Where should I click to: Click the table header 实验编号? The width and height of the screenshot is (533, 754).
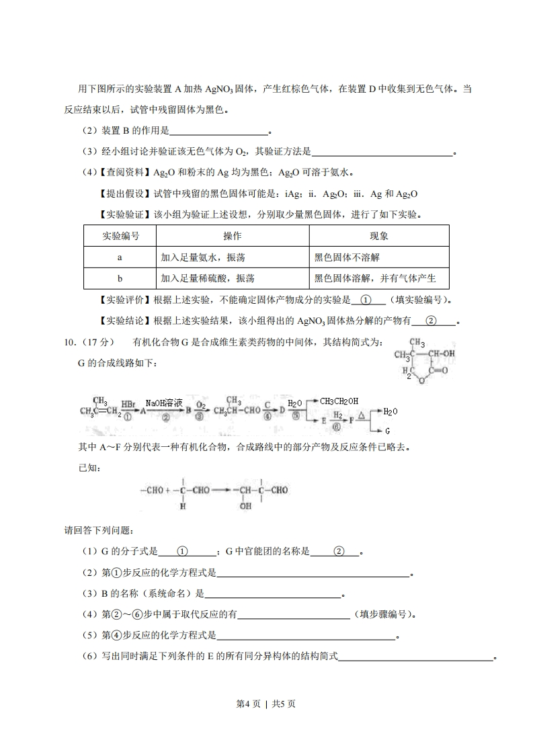(120, 236)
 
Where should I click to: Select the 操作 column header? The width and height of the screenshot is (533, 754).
(232, 236)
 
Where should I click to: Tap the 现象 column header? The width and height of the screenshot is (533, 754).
(378, 236)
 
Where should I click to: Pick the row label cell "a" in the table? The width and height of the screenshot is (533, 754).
(120, 257)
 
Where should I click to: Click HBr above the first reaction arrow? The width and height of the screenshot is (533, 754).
(128, 405)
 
